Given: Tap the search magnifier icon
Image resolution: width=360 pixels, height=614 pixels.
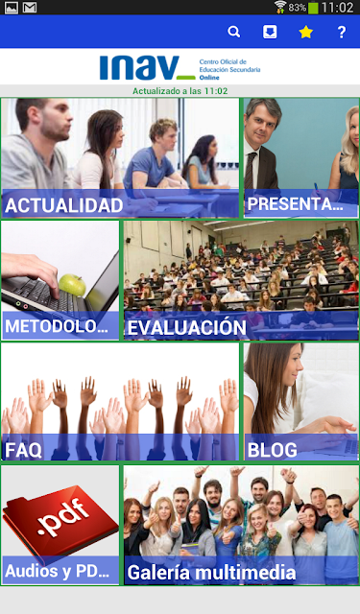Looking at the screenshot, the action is (234, 32).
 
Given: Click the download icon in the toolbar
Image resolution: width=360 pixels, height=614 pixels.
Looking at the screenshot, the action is (270, 32).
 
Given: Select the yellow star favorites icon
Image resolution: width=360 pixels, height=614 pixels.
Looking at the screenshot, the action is (305, 32).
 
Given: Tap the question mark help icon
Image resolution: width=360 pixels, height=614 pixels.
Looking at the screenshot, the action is (342, 32).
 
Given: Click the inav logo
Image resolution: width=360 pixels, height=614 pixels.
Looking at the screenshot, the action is (147, 68).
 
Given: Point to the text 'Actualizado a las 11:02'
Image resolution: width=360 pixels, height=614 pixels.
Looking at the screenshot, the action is (180, 91).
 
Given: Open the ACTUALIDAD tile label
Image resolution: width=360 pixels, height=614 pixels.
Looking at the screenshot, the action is (64, 206).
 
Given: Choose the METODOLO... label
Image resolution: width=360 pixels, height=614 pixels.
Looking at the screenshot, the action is (57, 326).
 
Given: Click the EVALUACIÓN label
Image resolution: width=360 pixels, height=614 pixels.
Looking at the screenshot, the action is (187, 327).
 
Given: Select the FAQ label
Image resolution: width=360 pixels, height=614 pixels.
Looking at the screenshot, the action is (23, 450).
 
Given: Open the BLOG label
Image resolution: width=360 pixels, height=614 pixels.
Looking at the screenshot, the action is (273, 450).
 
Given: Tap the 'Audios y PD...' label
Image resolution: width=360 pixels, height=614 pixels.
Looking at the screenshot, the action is (58, 571).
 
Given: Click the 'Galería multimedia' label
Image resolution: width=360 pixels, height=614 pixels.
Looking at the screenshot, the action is (211, 573).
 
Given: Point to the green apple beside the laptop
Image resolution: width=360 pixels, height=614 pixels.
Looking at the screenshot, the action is (72, 285).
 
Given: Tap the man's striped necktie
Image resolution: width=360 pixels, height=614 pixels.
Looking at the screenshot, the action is (250, 171).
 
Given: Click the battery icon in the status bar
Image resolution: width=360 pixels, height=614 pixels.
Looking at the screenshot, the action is (313, 8).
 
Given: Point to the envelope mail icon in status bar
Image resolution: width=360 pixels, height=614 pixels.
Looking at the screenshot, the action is (30, 8).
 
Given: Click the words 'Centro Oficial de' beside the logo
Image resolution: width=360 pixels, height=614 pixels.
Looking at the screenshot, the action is (223, 61).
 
